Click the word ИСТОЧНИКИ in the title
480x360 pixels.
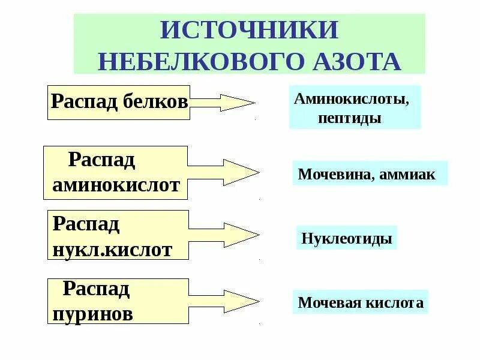[249, 31]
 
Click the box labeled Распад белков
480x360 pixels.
[119, 102]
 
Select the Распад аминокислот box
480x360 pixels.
[116, 173]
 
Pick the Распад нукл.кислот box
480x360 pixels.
[118, 236]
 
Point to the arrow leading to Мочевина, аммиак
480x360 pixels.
[224, 173]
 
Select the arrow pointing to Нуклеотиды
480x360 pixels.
[224, 235]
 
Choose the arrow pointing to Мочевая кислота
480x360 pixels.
[224, 300]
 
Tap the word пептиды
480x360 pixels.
[350, 118]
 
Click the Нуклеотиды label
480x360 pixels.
[347, 239]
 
